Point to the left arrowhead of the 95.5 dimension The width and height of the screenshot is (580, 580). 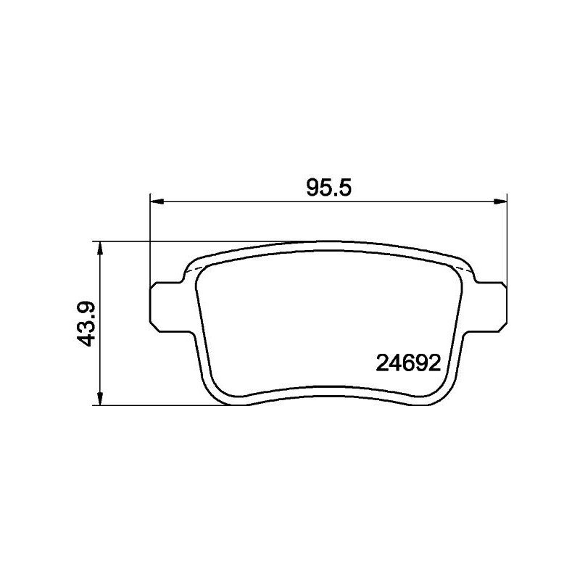[154, 199]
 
